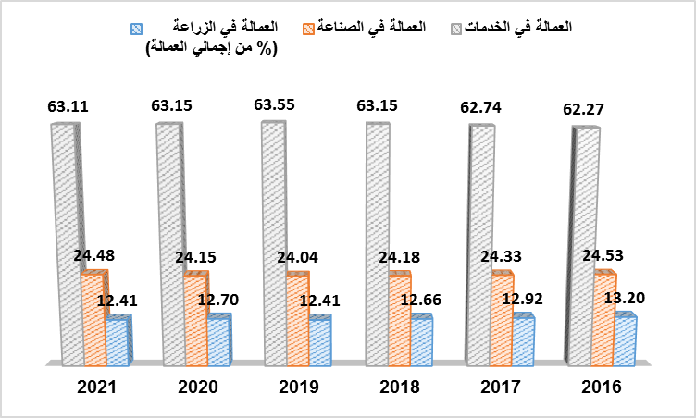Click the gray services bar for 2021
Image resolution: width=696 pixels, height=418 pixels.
pos(63,240)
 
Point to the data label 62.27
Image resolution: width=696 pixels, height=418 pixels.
pos(583,111)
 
